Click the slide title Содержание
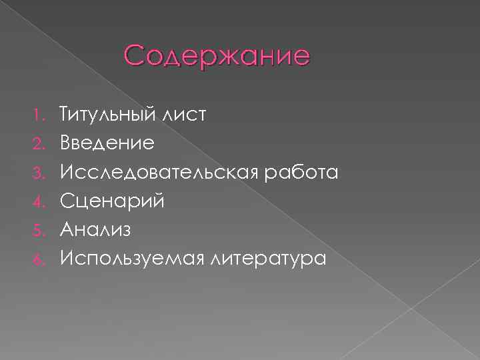(217, 56)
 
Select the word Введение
(107, 143)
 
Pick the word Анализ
(95, 229)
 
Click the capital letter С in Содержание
(134, 56)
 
